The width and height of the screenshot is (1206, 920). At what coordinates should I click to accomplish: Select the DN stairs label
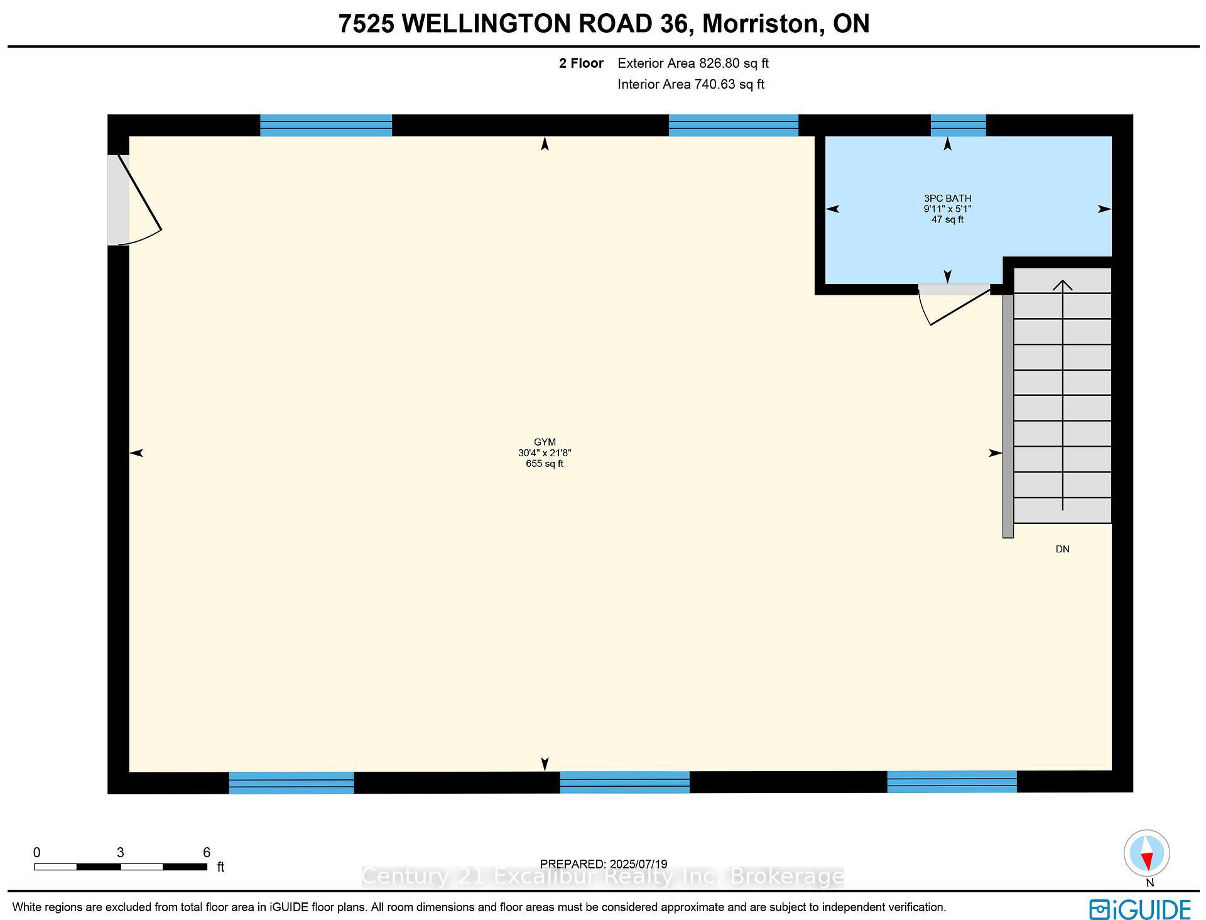pos(1062,549)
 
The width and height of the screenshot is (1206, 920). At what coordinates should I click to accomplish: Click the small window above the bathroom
pos(958,126)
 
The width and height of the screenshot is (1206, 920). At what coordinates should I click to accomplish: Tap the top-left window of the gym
pos(326,126)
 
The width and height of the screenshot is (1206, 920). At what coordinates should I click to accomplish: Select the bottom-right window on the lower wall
pos(952,782)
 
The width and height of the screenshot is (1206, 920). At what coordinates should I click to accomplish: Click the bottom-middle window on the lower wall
pos(624,782)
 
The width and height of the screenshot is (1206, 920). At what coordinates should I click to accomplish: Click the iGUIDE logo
pos(1140,909)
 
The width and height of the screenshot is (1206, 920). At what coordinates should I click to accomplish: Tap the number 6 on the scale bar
pos(206,853)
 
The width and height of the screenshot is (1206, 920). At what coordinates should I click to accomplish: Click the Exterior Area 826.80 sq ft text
pos(693,63)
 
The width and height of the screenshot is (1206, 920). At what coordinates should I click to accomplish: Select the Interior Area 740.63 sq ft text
pos(690,84)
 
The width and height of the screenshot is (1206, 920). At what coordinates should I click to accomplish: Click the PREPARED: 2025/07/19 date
pos(604,864)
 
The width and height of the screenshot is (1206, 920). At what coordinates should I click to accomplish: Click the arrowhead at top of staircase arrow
pos(1062,285)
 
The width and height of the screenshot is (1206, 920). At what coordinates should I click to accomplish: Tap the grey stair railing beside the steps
pos(1008,415)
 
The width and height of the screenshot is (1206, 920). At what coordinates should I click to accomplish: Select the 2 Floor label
pos(581,63)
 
